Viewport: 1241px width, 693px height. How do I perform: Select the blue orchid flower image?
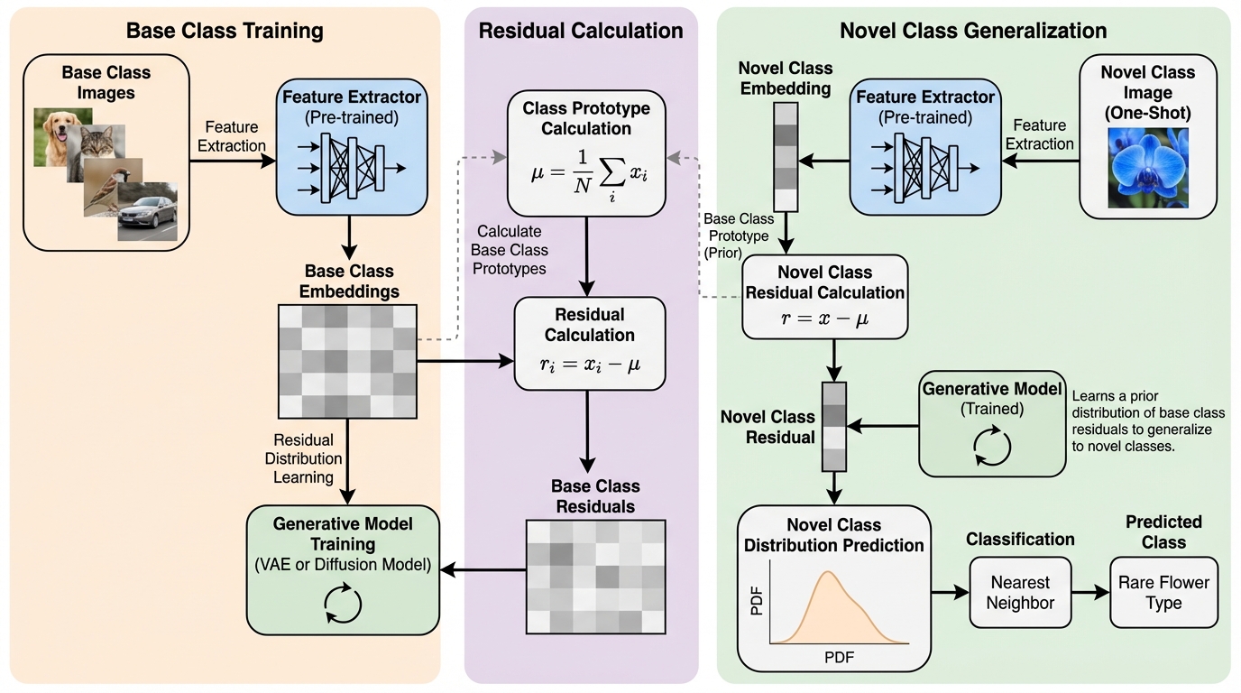1148,168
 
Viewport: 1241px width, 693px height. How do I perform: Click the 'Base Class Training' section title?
225,31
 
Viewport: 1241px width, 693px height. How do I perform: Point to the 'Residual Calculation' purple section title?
581,31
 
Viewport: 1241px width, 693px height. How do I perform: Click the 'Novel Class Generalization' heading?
973,31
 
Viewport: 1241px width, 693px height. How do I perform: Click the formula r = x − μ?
823,317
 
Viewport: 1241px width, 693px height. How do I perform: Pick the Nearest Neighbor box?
1020,592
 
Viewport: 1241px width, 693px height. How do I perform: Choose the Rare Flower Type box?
1163,592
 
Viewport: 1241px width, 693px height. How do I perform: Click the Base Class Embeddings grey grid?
348,361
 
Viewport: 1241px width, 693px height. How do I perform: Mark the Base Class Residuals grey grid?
594,576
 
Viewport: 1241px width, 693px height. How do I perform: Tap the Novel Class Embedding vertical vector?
786,155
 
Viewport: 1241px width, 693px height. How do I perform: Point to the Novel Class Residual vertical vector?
833,427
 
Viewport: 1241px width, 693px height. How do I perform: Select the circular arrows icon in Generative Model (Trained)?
992,444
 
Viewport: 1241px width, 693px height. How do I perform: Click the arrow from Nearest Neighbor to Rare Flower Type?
1090,593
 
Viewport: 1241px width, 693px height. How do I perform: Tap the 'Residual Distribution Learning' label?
303,458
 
